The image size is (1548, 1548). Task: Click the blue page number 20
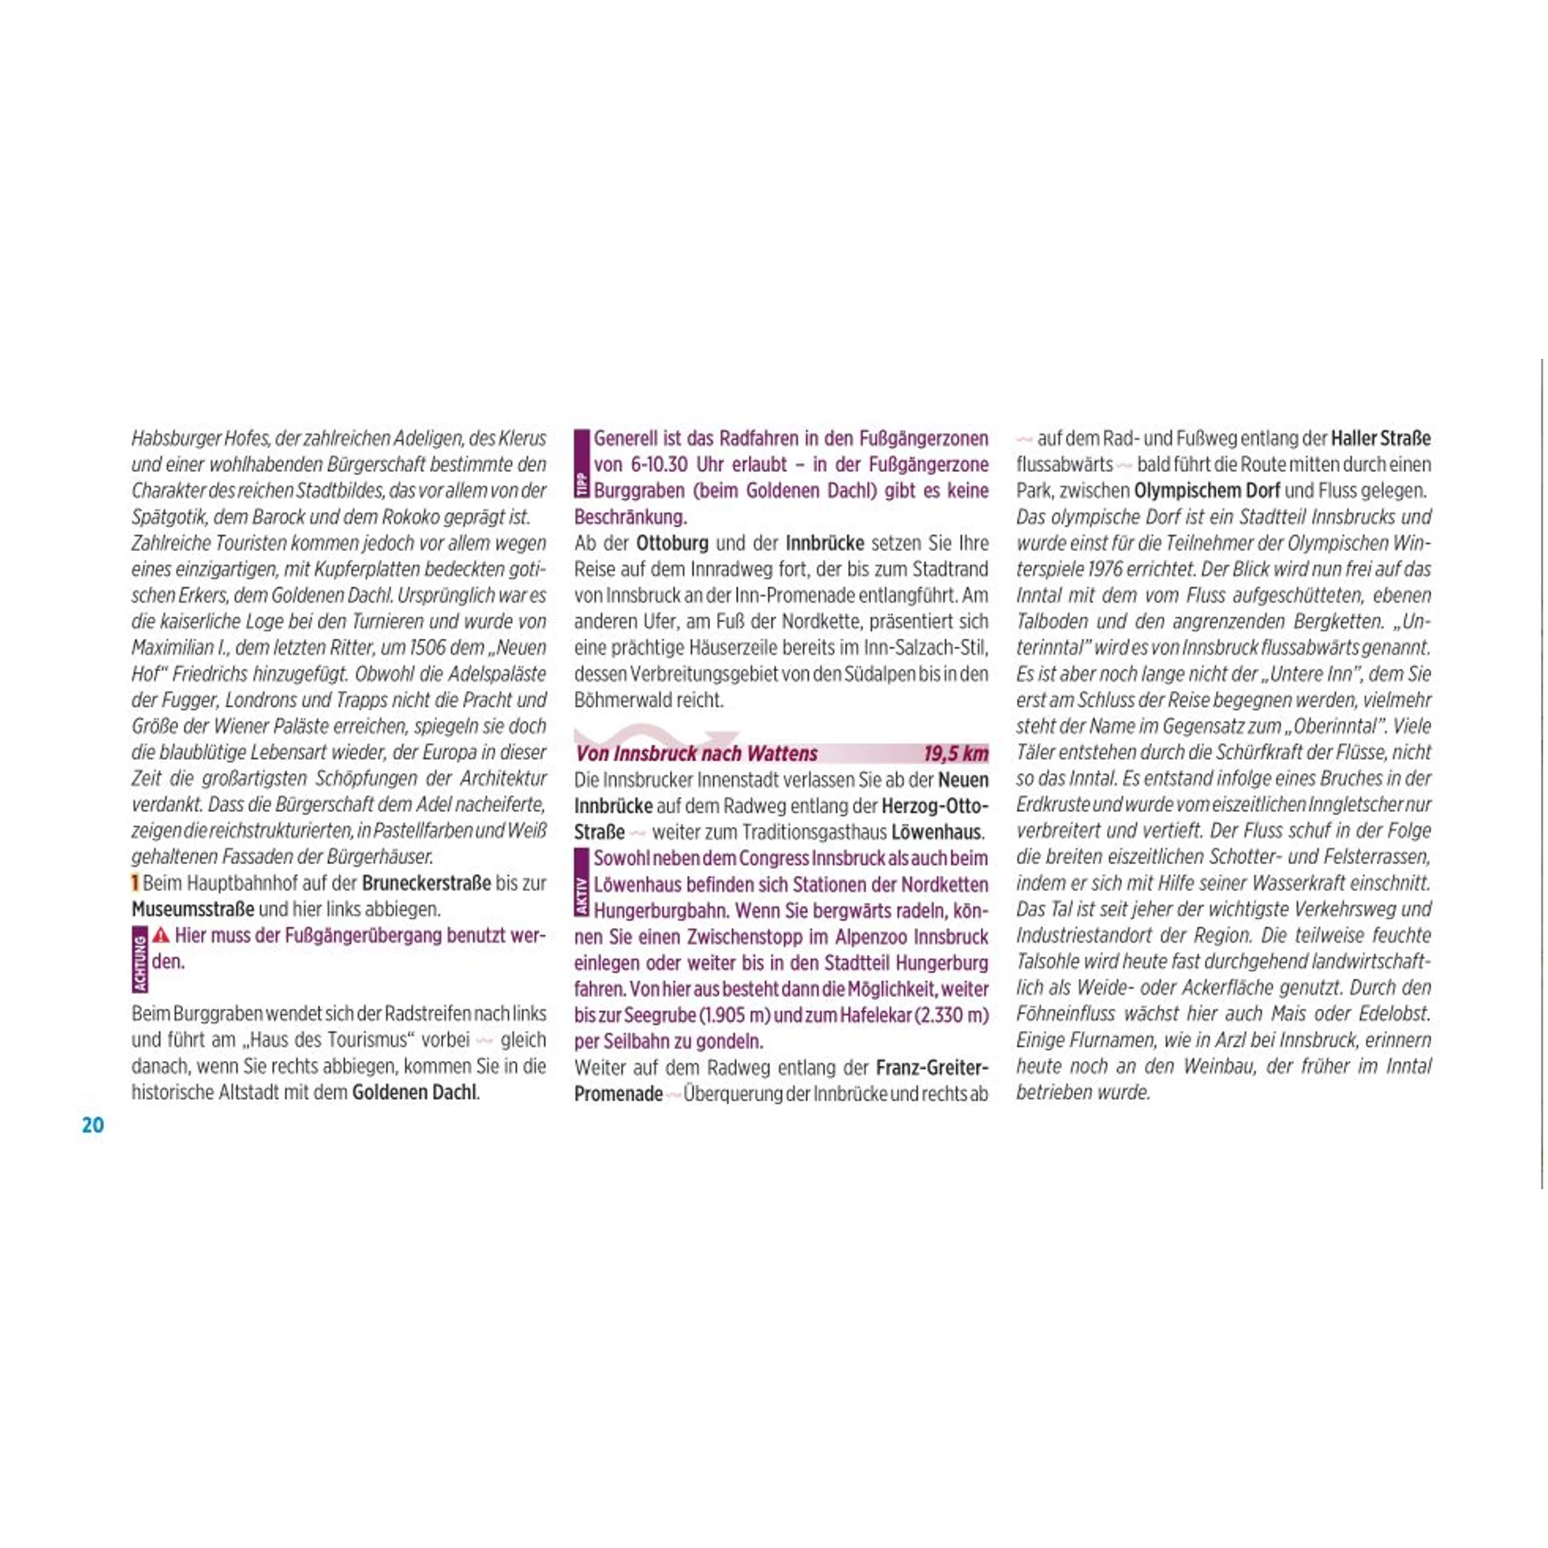93,1125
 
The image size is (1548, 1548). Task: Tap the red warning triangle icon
161,935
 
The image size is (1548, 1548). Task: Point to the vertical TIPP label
582,484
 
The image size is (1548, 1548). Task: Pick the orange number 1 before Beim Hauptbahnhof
135,883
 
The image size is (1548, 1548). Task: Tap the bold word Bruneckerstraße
426,883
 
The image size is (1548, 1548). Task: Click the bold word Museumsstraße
193,909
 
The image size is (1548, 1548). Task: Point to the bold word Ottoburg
671,543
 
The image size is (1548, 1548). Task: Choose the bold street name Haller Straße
1380,438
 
